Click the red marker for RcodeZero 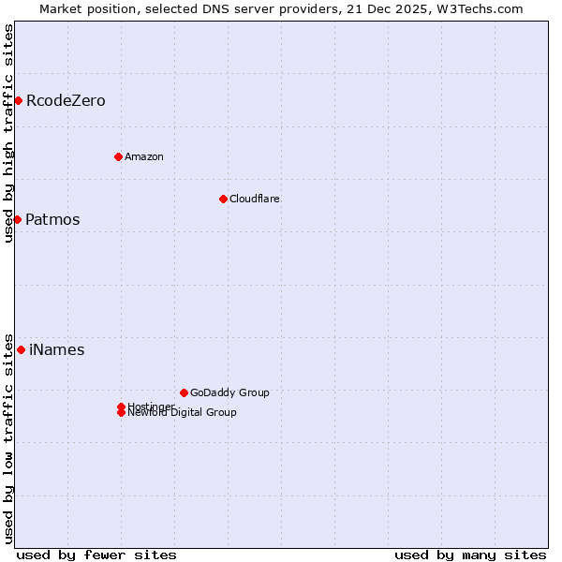[18, 100]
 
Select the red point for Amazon [118, 156]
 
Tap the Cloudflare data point [223, 199]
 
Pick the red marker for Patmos [17, 219]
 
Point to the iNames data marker [21, 349]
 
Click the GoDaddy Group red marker [184, 392]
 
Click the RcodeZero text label [66, 100]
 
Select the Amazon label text [144, 156]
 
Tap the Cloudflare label [255, 199]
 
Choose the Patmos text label [52, 219]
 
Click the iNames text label [57, 349]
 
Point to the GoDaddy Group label [229, 392]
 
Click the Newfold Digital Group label [183, 413]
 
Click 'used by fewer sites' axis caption [96, 555]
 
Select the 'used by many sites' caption [470, 555]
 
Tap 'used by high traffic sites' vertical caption [8, 133]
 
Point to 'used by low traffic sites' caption [8, 437]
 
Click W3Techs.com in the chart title [482, 8]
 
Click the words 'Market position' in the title [82, 8]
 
